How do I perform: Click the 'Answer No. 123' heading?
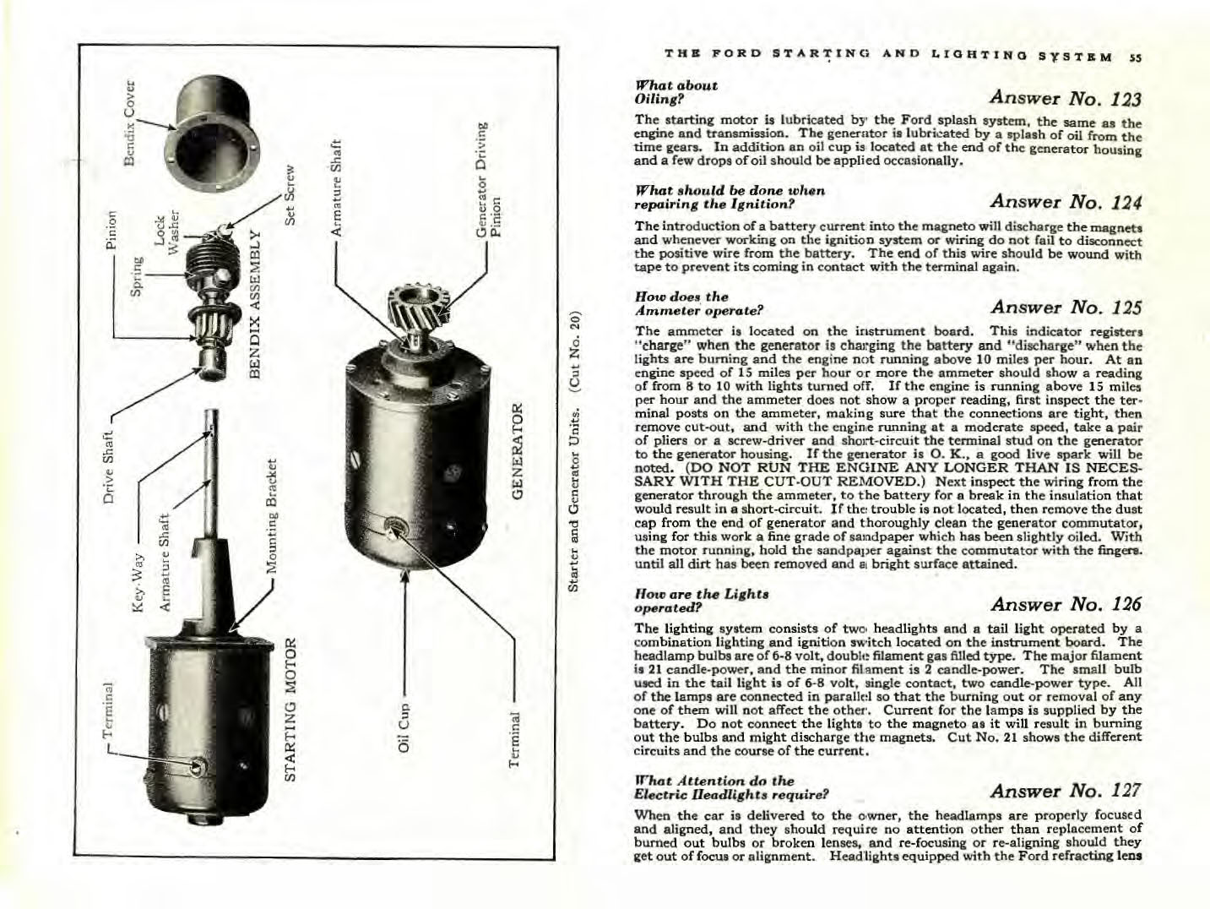click(x=1066, y=97)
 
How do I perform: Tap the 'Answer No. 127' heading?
click(x=1066, y=791)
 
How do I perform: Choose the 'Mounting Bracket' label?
click(x=271, y=515)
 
